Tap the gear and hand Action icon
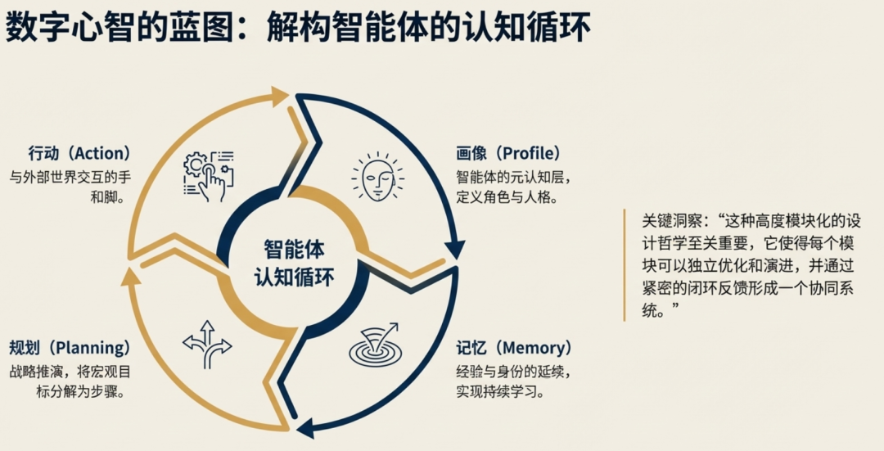click(x=208, y=175)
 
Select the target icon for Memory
click(x=376, y=345)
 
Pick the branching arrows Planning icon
click(x=207, y=343)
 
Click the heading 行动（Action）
click(x=79, y=153)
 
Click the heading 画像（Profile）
click(x=508, y=153)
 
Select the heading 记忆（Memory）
click(x=514, y=348)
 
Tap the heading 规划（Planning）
click(x=70, y=348)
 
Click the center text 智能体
click(x=293, y=248)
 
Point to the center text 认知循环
click(x=293, y=275)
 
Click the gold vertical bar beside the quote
click(x=625, y=264)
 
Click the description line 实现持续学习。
click(x=502, y=391)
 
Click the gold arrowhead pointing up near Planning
click(x=126, y=276)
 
